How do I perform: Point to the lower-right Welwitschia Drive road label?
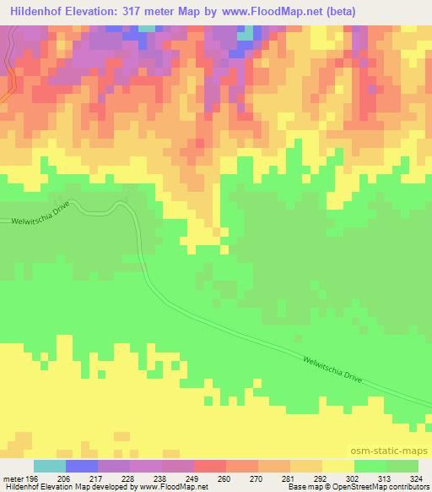pyautogui.click(x=332, y=370)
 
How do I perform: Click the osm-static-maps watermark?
pyautogui.click(x=396, y=453)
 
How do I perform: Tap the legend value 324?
pyautogui.click(x=418, y=478)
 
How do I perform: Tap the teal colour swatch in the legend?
pyautogui.click(x=50, y=466)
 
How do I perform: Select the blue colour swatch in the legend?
pyautogui.click(x=82, y=466)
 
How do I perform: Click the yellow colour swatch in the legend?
pyautogui.click(x=337, y=466)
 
